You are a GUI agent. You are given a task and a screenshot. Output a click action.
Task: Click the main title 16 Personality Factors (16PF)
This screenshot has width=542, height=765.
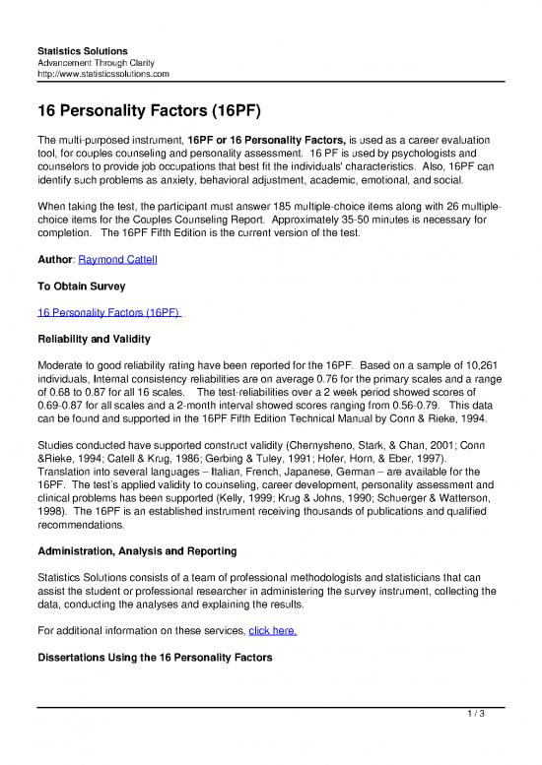148,109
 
